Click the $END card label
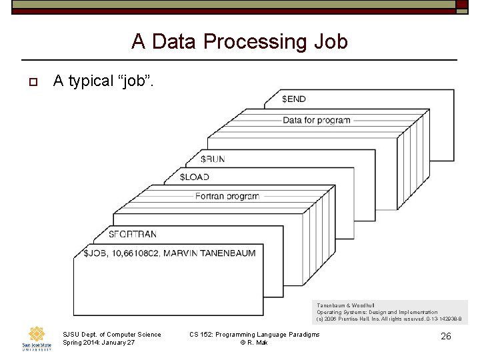pos(294,99)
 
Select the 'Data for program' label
pos(317,121)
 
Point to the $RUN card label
pos(213,159)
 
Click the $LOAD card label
pos(195,177)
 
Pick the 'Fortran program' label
pos(227,197)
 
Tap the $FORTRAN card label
pos(133,235)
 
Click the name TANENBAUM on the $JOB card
pos(224,253)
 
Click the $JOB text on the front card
pos(94,253)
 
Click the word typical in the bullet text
pos(91,81)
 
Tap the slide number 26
pos(446,337)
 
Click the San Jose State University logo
pos(36,338)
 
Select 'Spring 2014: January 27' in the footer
pos(98,343)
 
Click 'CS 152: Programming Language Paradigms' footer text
pos(255,335)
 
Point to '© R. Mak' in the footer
pos(254,343)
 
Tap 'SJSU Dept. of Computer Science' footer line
pos(111,335)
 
